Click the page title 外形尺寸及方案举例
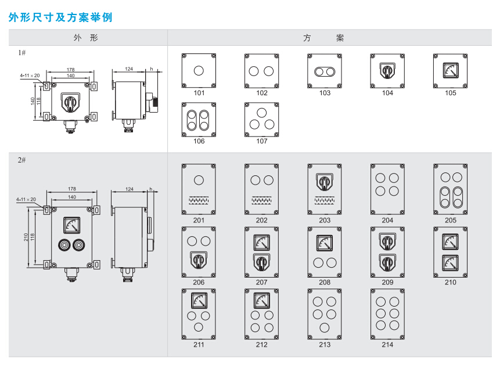[60, 17]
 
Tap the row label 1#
[21, 52]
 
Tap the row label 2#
[21, 160]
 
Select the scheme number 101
[199, 93]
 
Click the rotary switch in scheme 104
[387, 71]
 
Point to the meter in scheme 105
[450, 70]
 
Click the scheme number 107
[262, 141]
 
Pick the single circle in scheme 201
[199, 179]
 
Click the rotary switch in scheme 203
[325, 182]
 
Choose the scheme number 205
[451, 220]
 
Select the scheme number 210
[451, 282]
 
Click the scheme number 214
[387, 344]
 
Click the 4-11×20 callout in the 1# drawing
[29, 75]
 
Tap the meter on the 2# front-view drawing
[73, 224]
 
